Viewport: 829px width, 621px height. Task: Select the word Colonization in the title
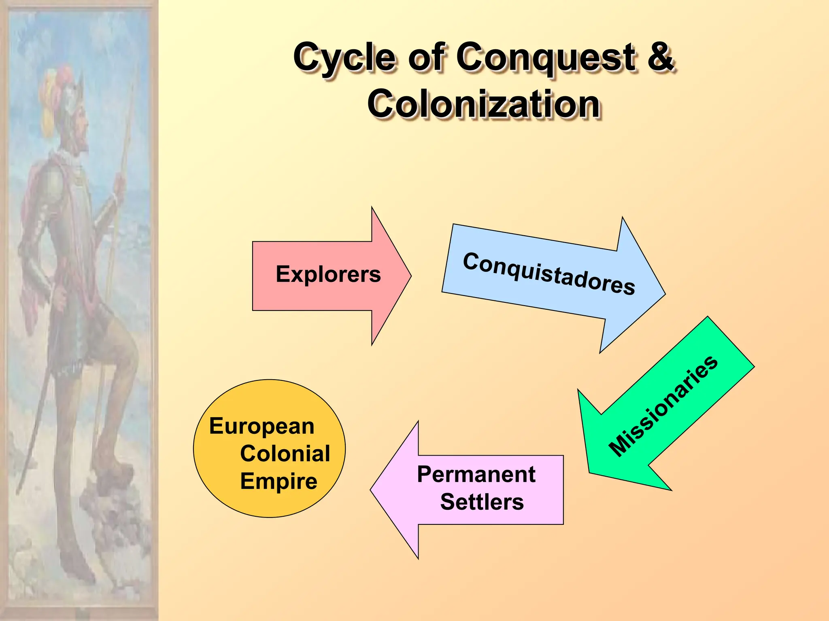click(483, 104)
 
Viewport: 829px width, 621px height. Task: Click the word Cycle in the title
click(344, 57)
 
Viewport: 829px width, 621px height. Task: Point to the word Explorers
click(328, 275)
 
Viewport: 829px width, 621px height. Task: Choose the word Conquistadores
click(549, 274)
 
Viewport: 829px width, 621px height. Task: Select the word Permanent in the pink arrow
click(476, 474)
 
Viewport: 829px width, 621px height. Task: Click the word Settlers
click(482, 502)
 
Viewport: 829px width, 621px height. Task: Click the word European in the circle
click(262, 427)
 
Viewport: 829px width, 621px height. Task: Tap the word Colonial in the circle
click(285, 454)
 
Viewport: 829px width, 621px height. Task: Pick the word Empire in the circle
click(278, 481)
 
